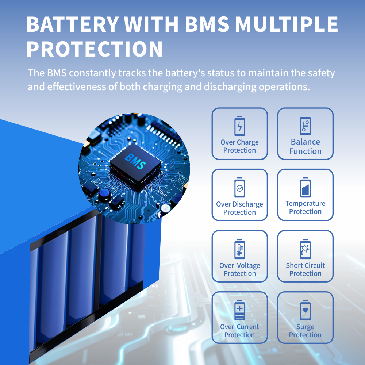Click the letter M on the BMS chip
click(x=135, y=161)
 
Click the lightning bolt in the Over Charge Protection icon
click(x=239, y=127)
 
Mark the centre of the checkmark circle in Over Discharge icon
click(x=239, y=188)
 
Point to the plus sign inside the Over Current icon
click(x=239, y=309)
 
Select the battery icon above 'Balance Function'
click(x=306, y=126)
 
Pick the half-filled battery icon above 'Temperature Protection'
click(x=306, y=187)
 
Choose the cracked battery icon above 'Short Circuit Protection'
click(x=306, y=249)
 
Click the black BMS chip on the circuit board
click(x=135, y=163)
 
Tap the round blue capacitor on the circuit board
click(x=104, y=195)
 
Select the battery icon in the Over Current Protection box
click(x=239, y=310)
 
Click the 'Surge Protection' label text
click(x=305, y=331)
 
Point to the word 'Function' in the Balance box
click(x=306, y=151)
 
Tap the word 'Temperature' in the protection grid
click(x=306, y=204)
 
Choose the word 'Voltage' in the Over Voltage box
click(x=249, y=266)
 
